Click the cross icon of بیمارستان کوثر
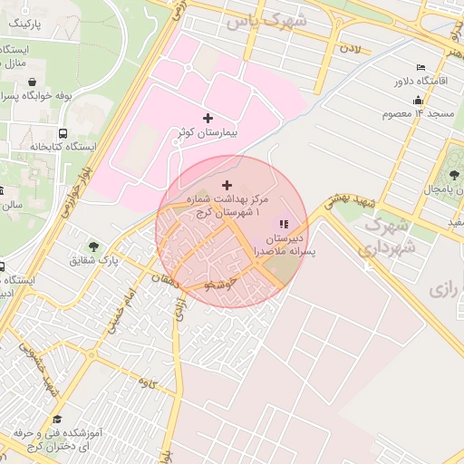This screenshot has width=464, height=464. [208, 118]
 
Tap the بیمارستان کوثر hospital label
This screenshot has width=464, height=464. [208, 133]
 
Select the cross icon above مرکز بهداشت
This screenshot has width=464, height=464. [226, 185]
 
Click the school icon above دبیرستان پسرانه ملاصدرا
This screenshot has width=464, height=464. [284, 224]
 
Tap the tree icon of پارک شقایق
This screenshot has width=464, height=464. [93, 246]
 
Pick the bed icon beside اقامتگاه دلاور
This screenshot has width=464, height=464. [420, 68]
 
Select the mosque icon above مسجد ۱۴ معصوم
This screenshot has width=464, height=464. [418, 101]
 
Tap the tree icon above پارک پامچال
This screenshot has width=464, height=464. [449, 175]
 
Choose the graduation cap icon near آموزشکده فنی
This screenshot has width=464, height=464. [58, 420]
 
